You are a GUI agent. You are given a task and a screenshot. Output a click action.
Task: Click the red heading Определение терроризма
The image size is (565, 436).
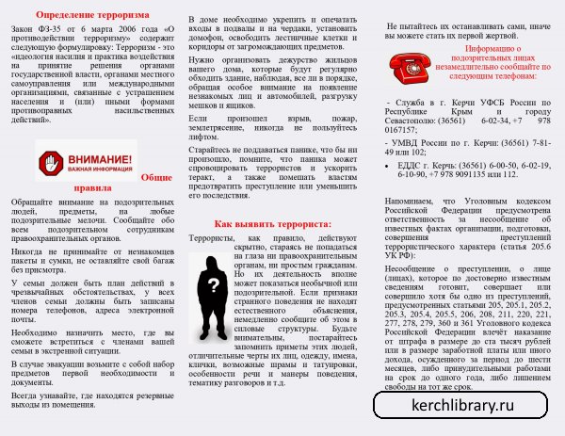pos(93,16)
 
